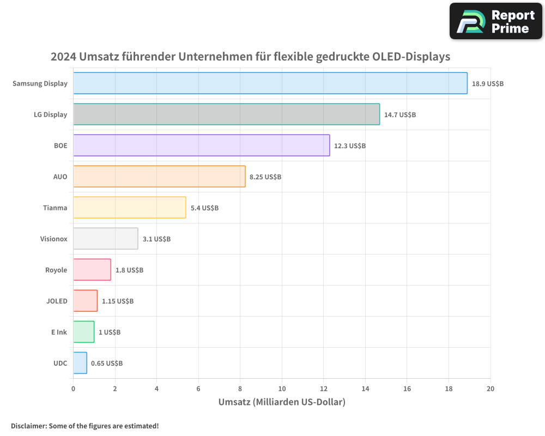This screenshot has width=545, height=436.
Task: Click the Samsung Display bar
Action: [270, 83]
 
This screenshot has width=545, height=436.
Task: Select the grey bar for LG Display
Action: [226, 114]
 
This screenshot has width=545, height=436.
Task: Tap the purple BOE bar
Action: [201, 146]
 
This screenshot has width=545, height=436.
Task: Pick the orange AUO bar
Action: [159, 177]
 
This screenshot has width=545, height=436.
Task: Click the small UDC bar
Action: [80, 363]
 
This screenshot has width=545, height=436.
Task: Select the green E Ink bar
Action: [84, 332]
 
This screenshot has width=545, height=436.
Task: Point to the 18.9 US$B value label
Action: [488, 84]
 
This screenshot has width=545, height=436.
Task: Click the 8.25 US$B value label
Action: [265, 177]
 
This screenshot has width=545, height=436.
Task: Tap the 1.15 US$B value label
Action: [118, 301]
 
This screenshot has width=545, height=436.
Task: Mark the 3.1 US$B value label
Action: [156, 239]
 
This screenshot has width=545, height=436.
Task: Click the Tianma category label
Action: [55, 208]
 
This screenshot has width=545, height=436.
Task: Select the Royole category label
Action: [56, 270]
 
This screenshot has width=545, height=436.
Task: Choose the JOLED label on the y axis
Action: [57, 301]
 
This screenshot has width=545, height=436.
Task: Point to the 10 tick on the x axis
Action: [282, 389]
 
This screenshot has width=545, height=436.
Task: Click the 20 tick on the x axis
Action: [491, 389]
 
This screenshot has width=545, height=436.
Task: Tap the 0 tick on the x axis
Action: [74, 389]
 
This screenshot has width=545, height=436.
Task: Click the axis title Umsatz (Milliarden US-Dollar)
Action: [282, 403]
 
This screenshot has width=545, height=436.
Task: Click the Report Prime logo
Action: [495, 21]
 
